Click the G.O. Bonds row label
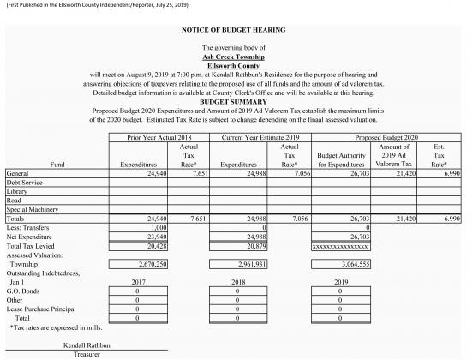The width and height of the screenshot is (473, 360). [24, 292]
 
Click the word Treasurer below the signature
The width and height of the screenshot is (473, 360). [87, 352]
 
